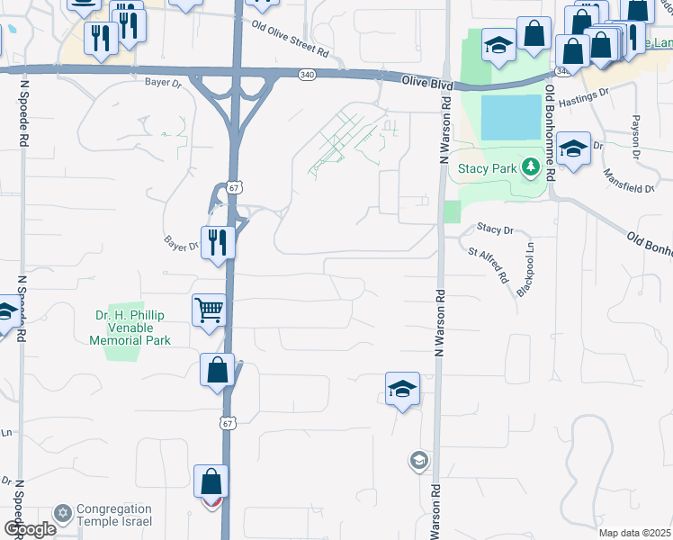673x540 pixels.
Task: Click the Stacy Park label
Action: pos(487,168)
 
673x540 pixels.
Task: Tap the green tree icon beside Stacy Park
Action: pos(531,166)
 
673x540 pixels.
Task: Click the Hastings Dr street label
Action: pos(605,103)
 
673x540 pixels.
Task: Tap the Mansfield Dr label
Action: pos(629,181)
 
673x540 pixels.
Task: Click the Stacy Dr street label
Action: pos(495,230)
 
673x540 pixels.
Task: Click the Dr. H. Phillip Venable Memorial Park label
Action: pos(133,328)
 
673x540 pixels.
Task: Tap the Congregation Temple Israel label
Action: pos(113,516)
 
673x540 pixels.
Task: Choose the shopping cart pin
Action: pos(209,310)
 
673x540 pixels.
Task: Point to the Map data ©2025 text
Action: pos(634,533)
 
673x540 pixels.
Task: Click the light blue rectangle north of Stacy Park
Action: pos(511,118)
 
